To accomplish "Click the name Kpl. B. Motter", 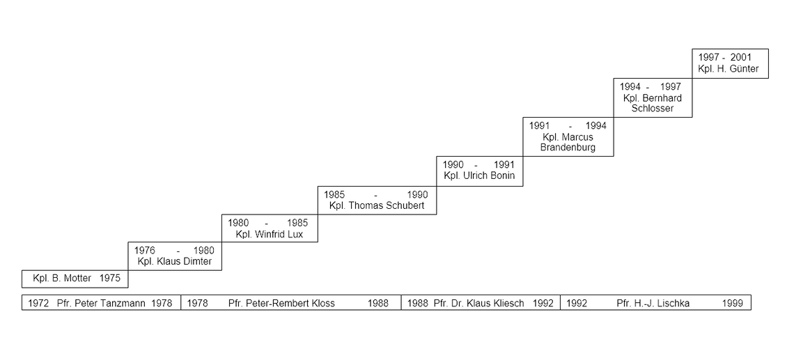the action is tap(62, 278).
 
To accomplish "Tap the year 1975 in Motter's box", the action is tap(110, 278).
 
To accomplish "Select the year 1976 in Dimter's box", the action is tap(144, 250).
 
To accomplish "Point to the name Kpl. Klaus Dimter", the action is tap(175, 262).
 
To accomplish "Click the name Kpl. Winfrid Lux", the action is tap(270, 235).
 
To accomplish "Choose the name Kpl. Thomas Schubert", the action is tap(377, 205).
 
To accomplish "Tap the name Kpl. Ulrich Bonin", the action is tap(479, 175).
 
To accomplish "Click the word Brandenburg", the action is tap(568, 148).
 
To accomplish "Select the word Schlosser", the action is tap(653, 109).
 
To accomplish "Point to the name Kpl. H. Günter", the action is tap(728, 69).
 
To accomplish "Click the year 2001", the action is tap(741, 57).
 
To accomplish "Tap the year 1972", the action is tap(38, 304).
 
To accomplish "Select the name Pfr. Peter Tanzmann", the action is tap(101, 304).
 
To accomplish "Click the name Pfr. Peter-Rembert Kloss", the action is tap(281, 304).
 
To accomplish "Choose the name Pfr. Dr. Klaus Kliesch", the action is tap(479, 304).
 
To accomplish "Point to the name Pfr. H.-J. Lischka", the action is tap(653, 304).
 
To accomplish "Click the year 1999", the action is tap(733, 304).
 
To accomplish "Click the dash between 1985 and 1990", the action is tap(376, 195).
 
